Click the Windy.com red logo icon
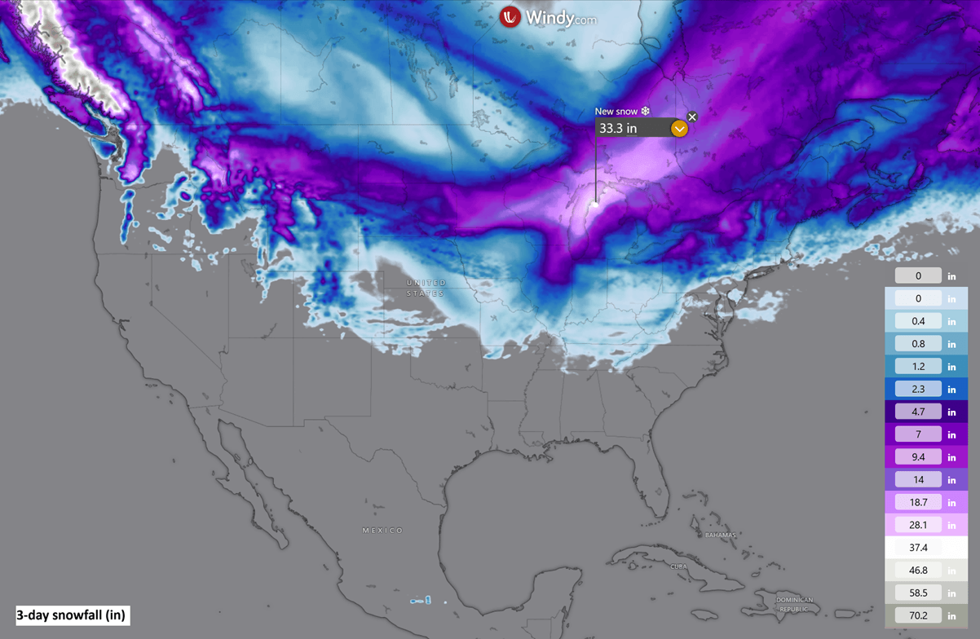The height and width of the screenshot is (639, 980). tap(510, 16)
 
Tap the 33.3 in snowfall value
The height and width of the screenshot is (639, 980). tap(618, 129)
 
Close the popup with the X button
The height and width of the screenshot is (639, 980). tap(692, 117)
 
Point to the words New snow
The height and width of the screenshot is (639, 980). tap(616, 112)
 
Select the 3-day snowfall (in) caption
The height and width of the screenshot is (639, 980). tap(71, 615)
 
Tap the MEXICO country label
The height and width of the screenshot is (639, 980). tap(382, 531)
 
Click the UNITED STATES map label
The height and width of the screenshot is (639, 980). tap(426, 288)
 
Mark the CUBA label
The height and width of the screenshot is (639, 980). tap(678, 566)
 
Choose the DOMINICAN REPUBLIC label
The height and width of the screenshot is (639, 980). tap(794, 605)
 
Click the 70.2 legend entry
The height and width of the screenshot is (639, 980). tap(918, 615)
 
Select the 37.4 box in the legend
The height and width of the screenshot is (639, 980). tap(918, 548)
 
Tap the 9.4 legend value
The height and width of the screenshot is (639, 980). tap(918, 457)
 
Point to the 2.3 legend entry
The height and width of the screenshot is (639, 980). tap(918, 390)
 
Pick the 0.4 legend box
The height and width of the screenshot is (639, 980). tap(918, 321)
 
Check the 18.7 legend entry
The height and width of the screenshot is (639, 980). tap(918, 502)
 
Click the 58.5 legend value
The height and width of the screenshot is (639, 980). tap(918, 593)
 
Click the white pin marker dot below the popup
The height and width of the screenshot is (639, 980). tap(595, 204)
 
